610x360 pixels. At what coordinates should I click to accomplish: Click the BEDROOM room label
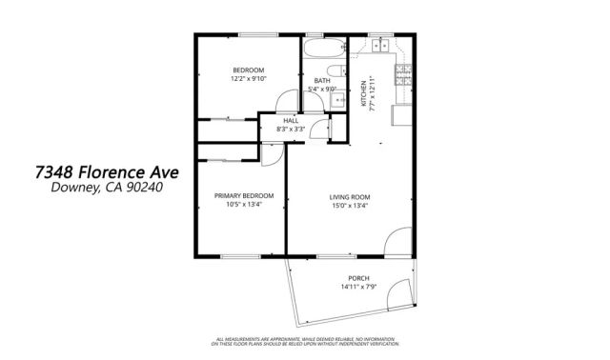click(x=248, y=70)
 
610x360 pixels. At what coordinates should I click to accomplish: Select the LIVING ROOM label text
click(x=349, y=196)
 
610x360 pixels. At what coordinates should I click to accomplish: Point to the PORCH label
click(x=359, y=279)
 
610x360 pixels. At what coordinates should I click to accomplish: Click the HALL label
click(x=290, y=121)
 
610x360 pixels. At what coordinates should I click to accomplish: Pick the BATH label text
click(x=323, y=81)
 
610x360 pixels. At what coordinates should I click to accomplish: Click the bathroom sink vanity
click(x=335, y=97)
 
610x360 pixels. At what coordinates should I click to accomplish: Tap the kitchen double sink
click(x=380, y=44)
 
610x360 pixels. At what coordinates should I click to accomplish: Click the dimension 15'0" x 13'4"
click(x=349, y=205)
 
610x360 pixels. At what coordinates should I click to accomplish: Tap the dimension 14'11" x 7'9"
click(x=359, y=288)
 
